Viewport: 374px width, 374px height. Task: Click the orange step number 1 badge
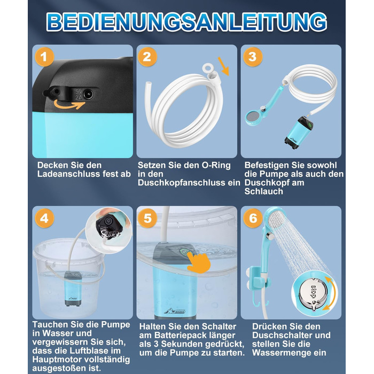[x=44, y=57]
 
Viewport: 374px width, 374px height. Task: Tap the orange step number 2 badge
[x=147, y=57]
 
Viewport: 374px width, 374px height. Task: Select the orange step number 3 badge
[x=253, y=57]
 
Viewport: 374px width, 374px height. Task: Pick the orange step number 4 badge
[x=44, y=218]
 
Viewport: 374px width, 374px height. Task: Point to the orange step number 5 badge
[x=147, y=218]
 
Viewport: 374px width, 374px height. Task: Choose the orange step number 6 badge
[x=253, y=218]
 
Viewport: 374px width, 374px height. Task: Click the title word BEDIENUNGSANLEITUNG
[x=187, y=22]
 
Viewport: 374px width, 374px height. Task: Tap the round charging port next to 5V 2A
[x=88, y=94]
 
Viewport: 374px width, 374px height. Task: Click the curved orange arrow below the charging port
[x=69, y=105]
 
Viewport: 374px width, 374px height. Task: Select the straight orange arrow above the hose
[x=223, y=66]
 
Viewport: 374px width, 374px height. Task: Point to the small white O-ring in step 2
[x=208, y=68]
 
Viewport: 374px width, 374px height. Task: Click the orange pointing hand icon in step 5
[x=199, y=262]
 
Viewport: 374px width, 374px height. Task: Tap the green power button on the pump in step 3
[x=310, y=124]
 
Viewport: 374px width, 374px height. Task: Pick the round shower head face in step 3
[x=253, y=116]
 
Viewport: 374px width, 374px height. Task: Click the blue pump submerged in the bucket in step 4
[x=73, y=289]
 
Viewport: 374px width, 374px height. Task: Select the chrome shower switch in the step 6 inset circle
[x=313, y=293]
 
